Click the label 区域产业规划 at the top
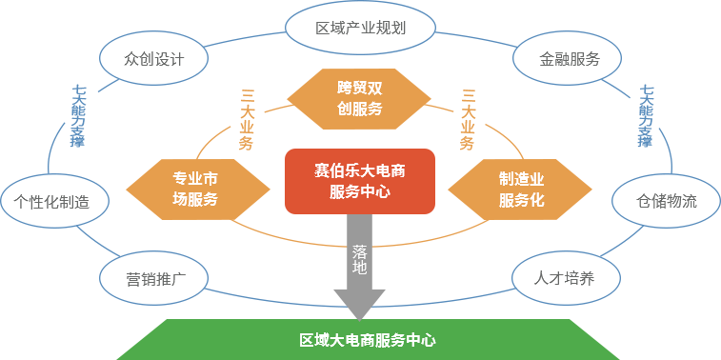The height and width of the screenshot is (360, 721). point(360,27)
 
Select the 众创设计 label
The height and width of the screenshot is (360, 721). point(153,59)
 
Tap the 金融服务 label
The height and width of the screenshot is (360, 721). point(570,59)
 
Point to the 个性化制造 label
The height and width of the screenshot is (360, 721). point(51,202)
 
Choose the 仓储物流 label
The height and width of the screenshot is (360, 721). point(667,201)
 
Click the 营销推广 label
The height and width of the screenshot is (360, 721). point(154,279)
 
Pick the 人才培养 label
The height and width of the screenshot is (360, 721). point(564,278)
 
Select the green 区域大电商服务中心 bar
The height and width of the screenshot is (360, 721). point(368,339)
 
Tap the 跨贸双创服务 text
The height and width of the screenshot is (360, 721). point(360,98)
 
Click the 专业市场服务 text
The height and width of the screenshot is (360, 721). point(195,189)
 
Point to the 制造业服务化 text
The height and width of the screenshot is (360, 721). point(521,189)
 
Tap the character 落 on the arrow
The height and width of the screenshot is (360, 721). point(359,251)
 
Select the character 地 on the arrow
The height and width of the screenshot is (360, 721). point(359,269)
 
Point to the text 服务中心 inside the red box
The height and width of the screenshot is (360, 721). point(360,191)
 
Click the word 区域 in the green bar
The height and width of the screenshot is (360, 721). point(313,340)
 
